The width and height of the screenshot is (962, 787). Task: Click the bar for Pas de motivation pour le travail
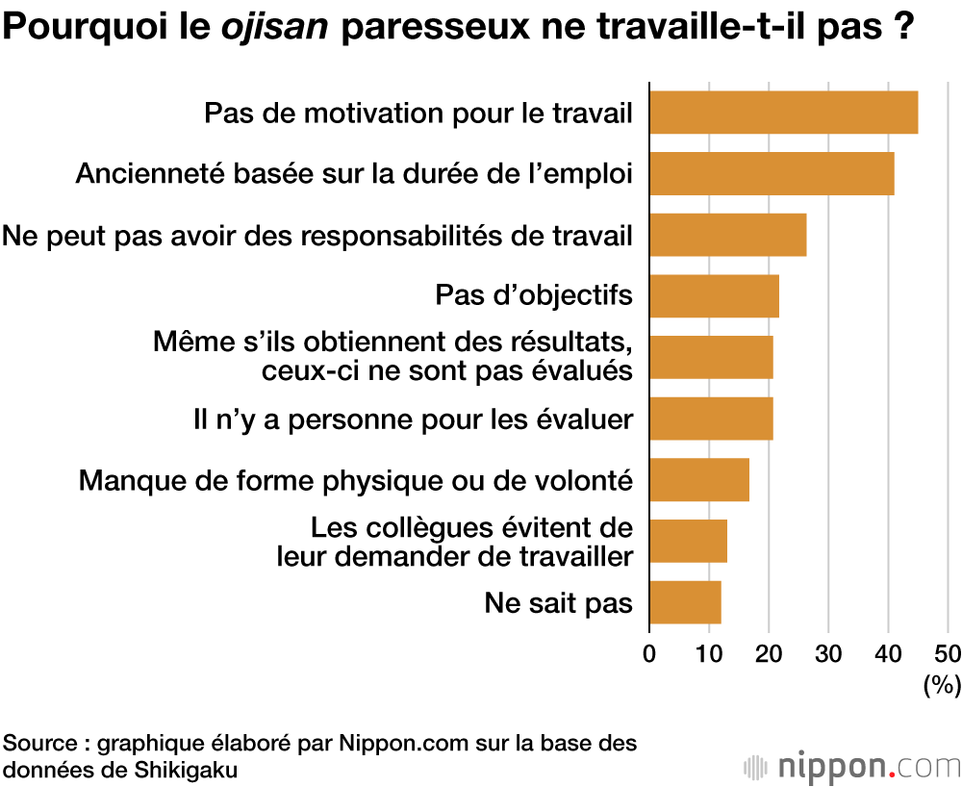tap(783, 113)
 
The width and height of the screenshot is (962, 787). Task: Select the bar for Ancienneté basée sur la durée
tap(772, 174)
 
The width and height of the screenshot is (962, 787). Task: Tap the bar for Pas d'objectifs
tap(714, 296)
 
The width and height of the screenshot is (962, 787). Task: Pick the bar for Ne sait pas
tap(685, 603)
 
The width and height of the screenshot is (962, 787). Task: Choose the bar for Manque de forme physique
tap(698, 480)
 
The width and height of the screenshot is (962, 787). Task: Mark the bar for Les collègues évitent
tap(688, 542)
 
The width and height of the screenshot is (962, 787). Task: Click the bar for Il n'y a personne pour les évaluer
tap(711, 419)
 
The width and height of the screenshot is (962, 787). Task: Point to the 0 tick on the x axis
tap(649, 654)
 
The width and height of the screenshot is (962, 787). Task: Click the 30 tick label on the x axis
tap(828, 654)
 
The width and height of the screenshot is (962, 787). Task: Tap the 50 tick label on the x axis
tap(948, 654)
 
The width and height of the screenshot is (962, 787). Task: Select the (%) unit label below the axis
tap(942, 685)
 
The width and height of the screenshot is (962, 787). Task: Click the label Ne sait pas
tap(558, 603)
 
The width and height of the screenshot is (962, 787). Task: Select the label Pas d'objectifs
tap(534, 295)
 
